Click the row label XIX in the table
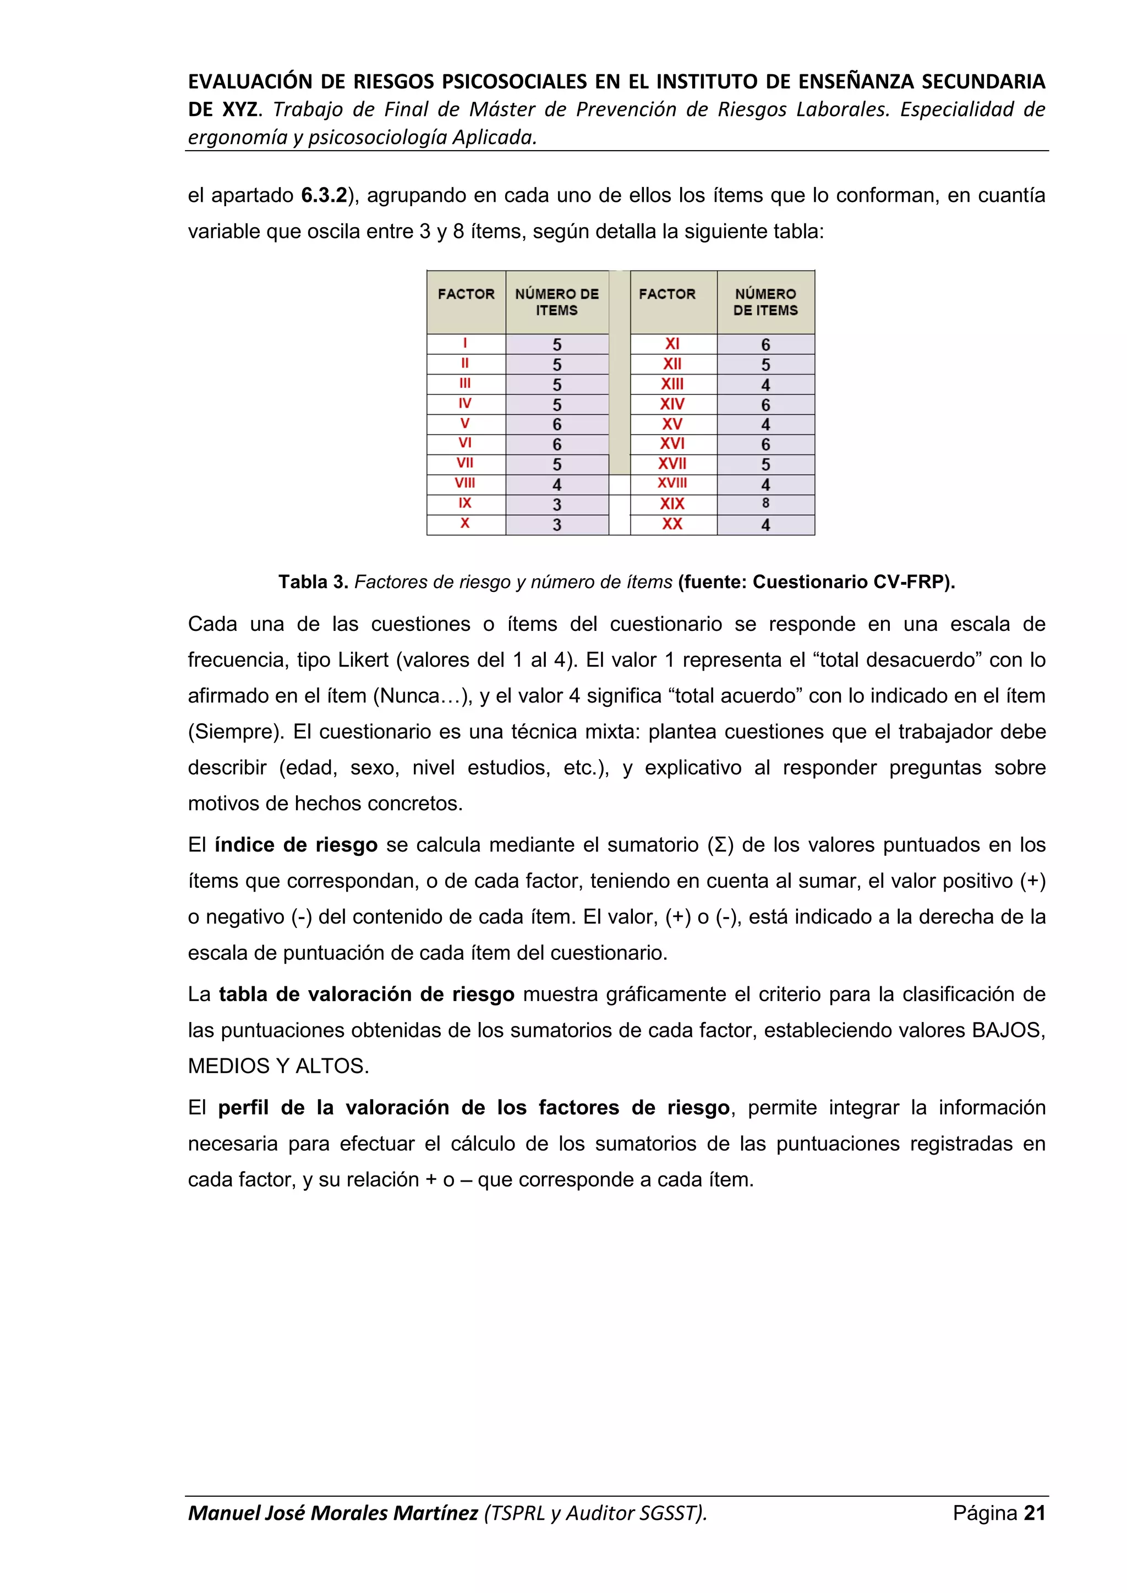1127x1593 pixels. point(672,504)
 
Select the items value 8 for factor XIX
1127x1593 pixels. point(765,503)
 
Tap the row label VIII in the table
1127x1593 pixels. point(465,483)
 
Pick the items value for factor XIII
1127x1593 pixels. point(765,384)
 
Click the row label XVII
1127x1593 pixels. point(672,464)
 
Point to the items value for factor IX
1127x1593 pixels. point(556,504)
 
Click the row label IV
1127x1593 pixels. point(465,403)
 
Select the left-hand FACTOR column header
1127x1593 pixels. point(466,294)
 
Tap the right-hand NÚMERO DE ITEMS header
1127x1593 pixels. point(765,302)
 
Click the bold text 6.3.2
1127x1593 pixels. point(324,196)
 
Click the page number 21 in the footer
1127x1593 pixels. point(1034,1513)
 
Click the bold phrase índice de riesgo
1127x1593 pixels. point(296,844)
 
